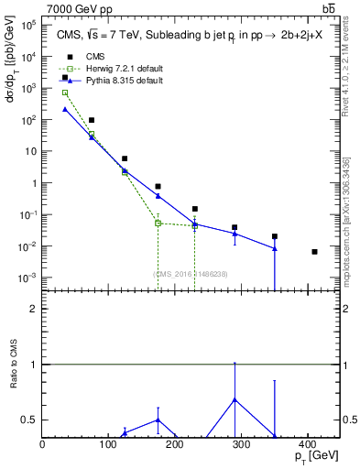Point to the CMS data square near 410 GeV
[314, 252]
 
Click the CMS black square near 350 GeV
[275, 236]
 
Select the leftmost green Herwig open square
[65, 93]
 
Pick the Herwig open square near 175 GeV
[158, 223]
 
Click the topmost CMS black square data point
[65, 78]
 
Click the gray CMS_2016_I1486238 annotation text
[191, 274]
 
